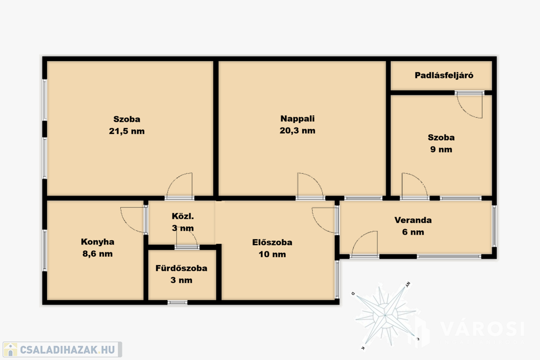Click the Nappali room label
click(x=297, y=119)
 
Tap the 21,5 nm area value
click(x=127, y=131)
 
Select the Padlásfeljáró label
click(x=444, y=75)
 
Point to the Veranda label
click(x=413, y=220)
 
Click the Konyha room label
click(x=98, y=242)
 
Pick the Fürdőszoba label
click(x=181, y=268)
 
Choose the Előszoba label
click(x=272, y=242)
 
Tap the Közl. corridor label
click(x=183, y=216)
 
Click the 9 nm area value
click(x=441, y=149)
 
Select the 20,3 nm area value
click(x=297, y=131)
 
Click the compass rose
click(x=385, y=314)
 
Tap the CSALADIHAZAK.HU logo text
click(x=67, y=350)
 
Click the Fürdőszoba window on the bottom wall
click(x=178, y=303)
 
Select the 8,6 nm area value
click(x=98, y=254)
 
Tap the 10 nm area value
click(x=272, y=255)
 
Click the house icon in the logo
click(x=11, y=349)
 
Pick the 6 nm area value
click(x=413, y=232)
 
